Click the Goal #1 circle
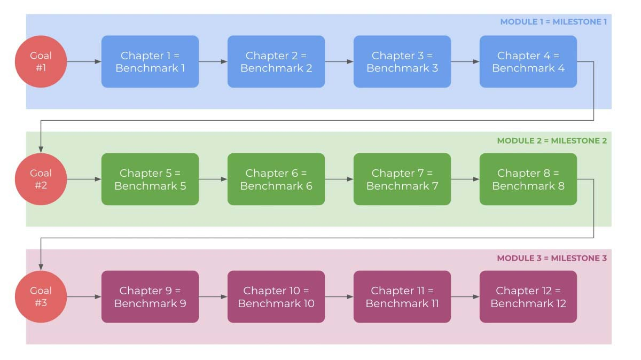pos(41,61)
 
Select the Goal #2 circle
pos(41,179)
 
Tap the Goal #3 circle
pos(41,296)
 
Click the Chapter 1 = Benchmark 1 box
pos(150,61)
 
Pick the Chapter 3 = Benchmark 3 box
pos(402,61)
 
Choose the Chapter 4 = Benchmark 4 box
pos(528,61)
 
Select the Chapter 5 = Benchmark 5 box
pos(150,179)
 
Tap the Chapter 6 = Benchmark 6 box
pos(276,179)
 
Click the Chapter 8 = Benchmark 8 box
pos(528,179)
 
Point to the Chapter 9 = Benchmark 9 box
pos(150,296)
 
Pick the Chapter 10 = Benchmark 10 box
pos(276,296)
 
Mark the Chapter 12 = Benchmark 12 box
pos(528,296)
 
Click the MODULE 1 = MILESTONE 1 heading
pos(553,22)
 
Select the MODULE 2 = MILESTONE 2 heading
pos(552,140)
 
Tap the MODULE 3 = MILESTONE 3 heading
pos(552,258)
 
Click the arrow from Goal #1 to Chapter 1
pos(84,61)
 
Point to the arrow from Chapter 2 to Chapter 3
pos(339,61)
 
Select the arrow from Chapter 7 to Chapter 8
pos(465,179)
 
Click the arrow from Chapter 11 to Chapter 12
pos(465,296)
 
